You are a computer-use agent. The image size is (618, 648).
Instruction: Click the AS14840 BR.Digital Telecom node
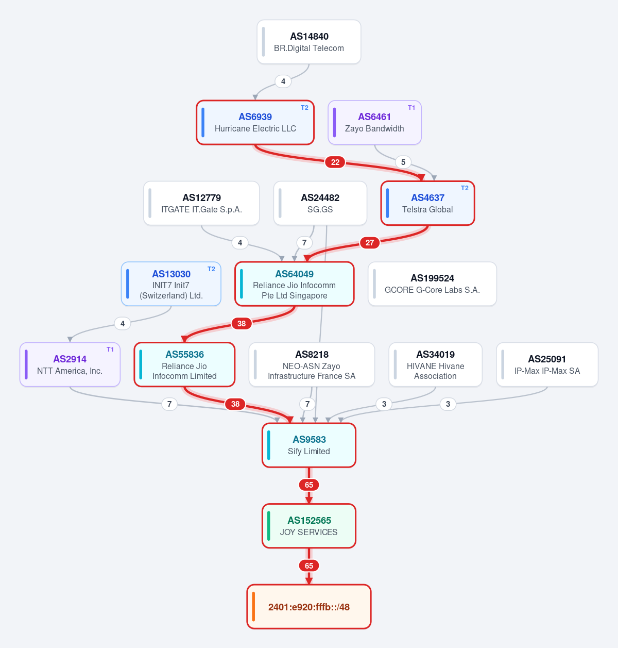(x=308, y=42)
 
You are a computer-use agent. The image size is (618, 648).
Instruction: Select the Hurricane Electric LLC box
(x=255, y=123)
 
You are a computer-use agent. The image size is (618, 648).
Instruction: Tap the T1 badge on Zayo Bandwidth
(x=411, y=108)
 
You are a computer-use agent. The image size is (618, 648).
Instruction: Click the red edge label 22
(x=335, y=162)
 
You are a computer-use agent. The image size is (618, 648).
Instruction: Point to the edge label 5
(x=403, y=162)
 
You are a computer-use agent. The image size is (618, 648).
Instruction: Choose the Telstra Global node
(x=428, y=203)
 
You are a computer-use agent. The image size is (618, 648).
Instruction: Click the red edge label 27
(x=370, y=243)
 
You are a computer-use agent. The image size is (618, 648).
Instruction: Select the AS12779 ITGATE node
(x=201, y=203)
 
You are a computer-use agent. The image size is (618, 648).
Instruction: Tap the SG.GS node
(x=320, y=203)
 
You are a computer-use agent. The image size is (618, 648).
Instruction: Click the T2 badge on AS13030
(x=211, y=269)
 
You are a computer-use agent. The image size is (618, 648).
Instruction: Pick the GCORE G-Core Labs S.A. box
(x=432, y=284)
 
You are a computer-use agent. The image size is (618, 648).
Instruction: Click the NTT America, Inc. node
(x=70, y=364)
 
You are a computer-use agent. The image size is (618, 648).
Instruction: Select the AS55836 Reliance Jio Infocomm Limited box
(x=184, y=364)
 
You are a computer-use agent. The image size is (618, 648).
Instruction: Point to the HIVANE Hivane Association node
(x=435, y=364)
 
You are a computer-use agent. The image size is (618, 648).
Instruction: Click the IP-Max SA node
(x=547, y=364)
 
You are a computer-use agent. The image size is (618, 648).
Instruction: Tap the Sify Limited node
(x=309, y=445)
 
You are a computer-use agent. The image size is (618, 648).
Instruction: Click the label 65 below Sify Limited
(x=309, y=485)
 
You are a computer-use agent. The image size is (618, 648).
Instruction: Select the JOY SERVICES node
(x=309, y=526)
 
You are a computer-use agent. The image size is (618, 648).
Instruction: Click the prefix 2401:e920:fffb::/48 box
(x=309, y=607)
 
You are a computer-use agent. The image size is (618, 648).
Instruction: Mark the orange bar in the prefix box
(x=253, y=607)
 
